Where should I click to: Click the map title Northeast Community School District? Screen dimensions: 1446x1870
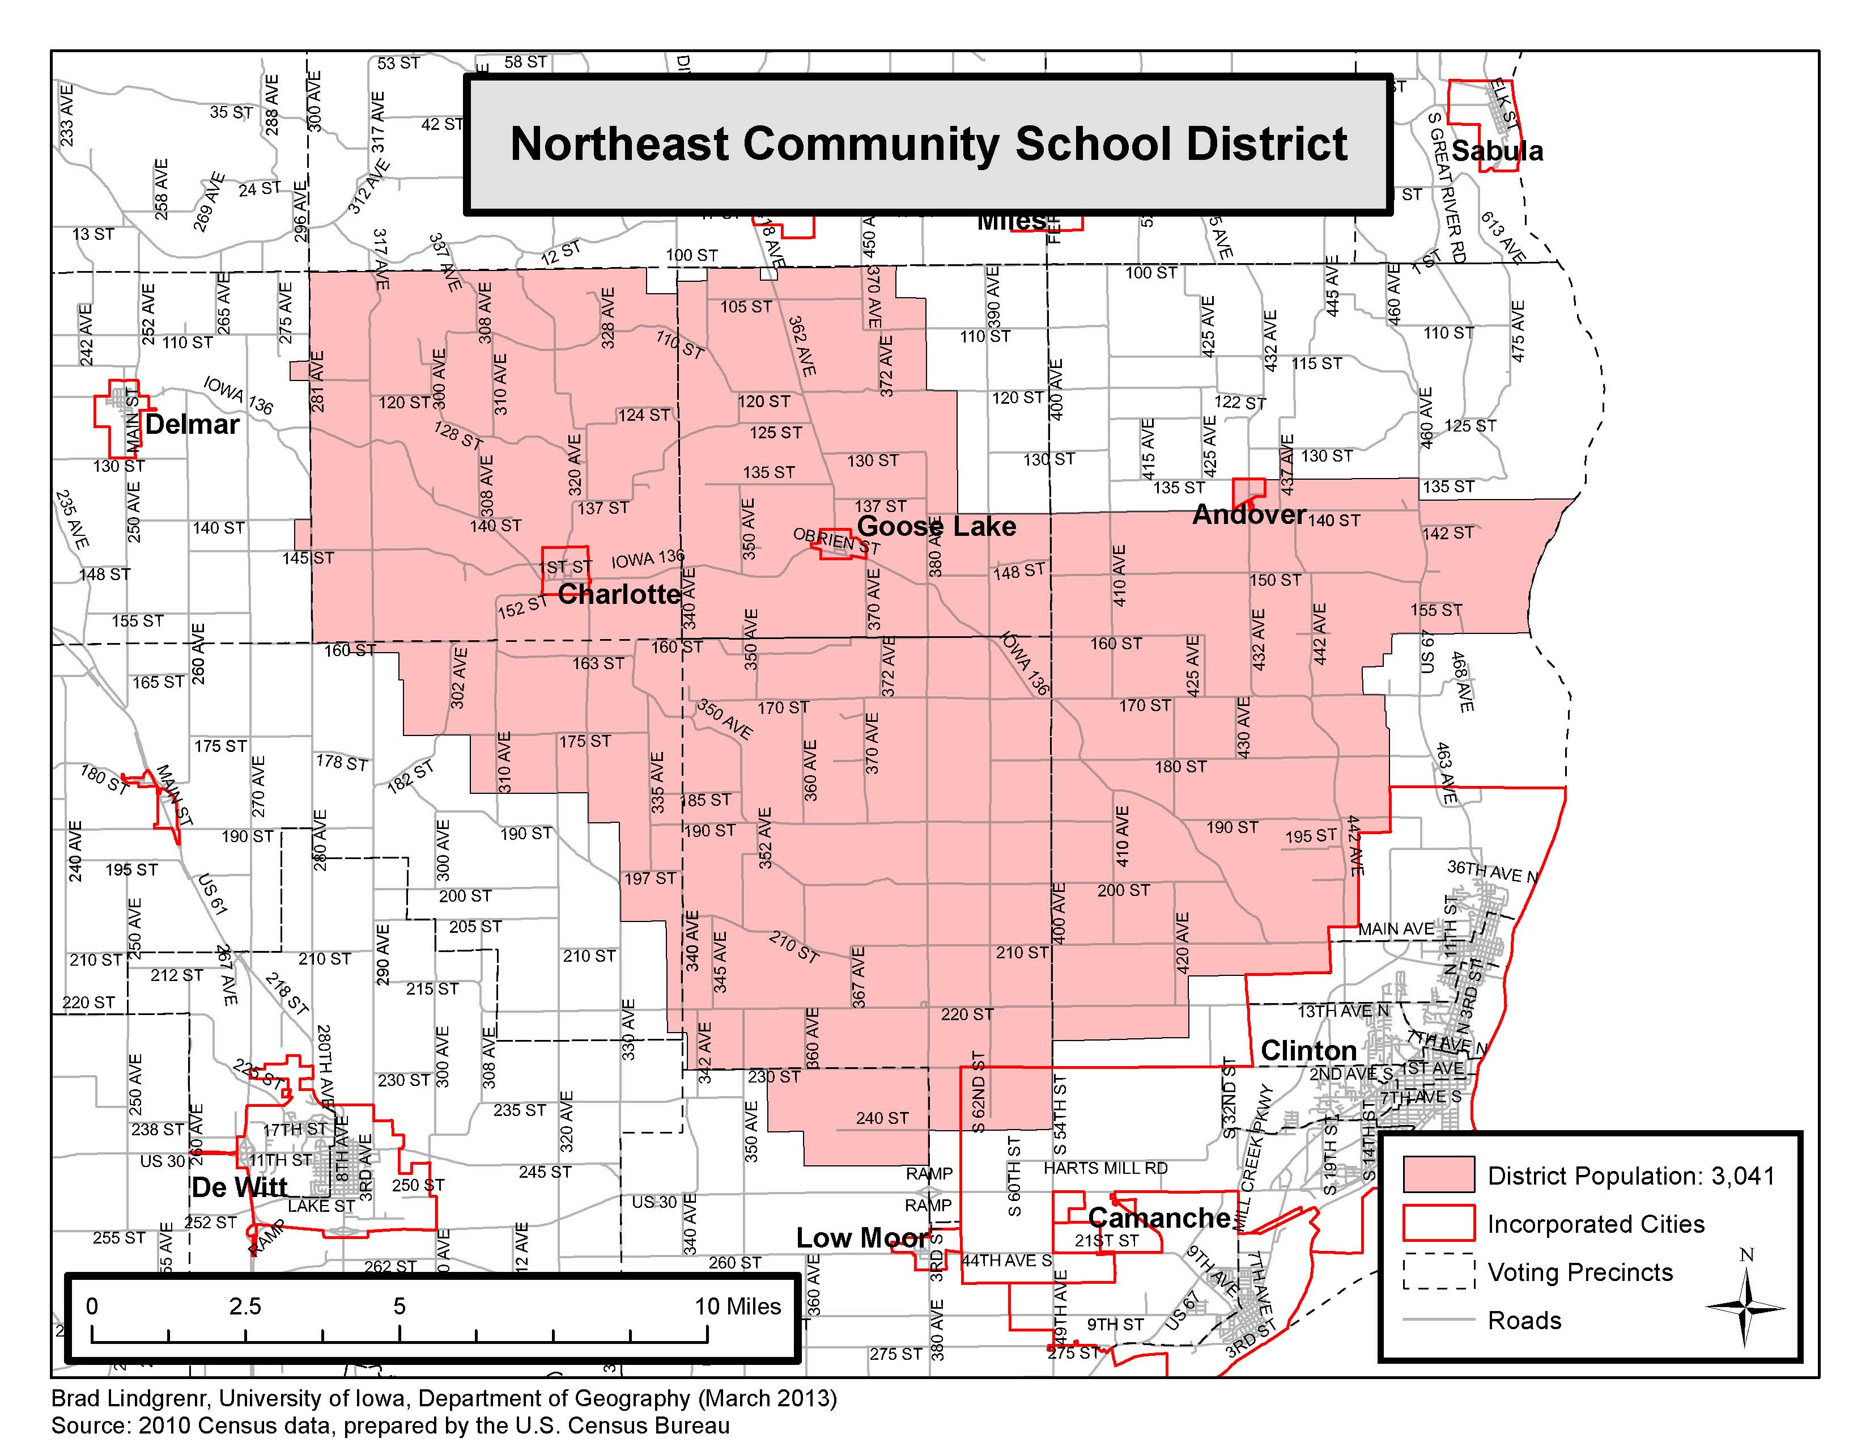pyautogui.click(x=928, y=144)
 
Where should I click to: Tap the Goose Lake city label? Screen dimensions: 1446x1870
pyautogui.click(x=937, y=526)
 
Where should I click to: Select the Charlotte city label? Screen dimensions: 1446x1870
pyautogui.click(x=619, y=594)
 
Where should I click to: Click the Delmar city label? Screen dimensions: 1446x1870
pyautogui.click(x=193, y=424)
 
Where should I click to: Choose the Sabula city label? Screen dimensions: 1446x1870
pyautogui.click(x=1498, y=151)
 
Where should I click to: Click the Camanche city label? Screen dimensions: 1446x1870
pyautogui.click(x=1159, y=1217)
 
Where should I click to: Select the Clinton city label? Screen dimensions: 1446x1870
pyautogui.click(x=1308, y=1050)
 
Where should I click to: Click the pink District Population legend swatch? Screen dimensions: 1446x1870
pyautogui.click(x=1438, y=1174)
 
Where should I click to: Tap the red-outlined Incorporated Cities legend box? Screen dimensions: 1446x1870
pyautogui.click(x=1438, y=1223)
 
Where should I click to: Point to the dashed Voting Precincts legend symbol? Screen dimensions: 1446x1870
pyautogui.click(x=1438, y=1272)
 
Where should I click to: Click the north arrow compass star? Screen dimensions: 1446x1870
pyautogui.click(x=1745, y=1307)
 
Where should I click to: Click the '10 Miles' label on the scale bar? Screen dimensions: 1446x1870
pyautogui.click(x=737, y=1307)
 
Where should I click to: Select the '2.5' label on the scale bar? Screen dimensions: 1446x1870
pyautogui.click(x=245, y=1307)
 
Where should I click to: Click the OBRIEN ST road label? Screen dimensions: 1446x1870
pyautogui.click(x=836, y=540)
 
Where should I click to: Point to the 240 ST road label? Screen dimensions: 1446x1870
pyautogui.click(x=882, y=1118)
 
